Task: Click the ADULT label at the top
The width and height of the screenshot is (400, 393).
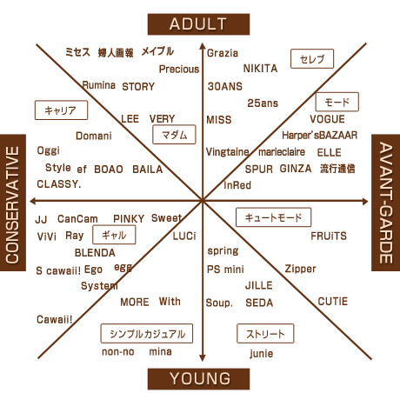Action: coord(198,24)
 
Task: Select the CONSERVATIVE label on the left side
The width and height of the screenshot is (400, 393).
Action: coord(13,203)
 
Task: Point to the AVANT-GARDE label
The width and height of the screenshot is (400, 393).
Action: coord(386,203)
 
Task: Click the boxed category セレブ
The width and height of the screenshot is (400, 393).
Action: coord(312,59)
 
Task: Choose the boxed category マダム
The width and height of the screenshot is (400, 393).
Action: coord(174,135)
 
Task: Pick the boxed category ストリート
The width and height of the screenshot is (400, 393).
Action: coord(265,334)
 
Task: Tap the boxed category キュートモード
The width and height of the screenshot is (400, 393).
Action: coord(274,217)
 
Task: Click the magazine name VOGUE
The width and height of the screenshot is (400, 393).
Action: coord(327,119)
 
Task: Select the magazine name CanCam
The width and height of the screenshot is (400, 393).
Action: coord(77,219)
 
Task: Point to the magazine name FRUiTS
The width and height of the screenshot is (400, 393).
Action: coord(329,236)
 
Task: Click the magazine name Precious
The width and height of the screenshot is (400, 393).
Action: coord(179,69)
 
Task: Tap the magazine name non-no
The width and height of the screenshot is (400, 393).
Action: coord(118,352)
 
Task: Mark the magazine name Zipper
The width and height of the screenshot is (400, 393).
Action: coord(300,269)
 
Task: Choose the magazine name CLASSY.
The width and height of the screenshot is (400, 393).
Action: coord(59,184)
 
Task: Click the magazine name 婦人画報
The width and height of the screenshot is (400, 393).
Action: coord(116,53)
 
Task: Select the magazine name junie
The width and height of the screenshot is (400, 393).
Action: coord(262,354)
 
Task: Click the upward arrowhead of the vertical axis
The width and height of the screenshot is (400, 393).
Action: coord(203,44)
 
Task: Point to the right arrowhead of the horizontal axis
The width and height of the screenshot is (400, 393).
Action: coord(366,201)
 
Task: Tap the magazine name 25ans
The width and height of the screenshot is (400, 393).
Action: coord(263,103)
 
